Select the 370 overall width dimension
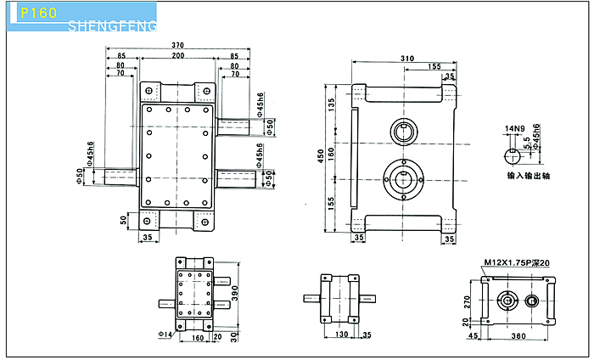pyautogui.click(x=177, y=44)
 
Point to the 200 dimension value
pyautogui.click(x=177, y=55)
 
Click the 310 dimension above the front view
pyautogui.click(x=406, y=58)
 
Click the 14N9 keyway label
pyautogui.click(x=514, y=129)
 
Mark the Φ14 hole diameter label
pyautogui.click(x=165, y=335)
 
